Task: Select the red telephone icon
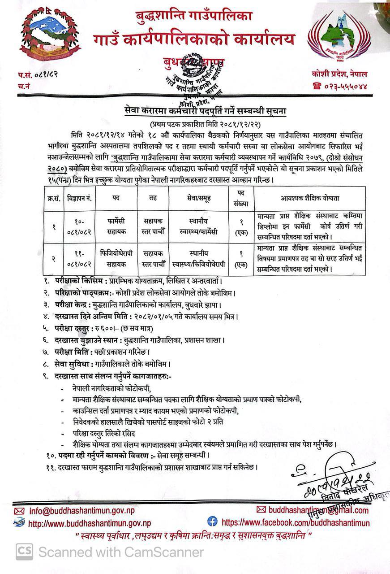pyautogui.click(x=317, y=87)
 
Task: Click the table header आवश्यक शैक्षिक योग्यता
pyautogui.click(x=309, y=198)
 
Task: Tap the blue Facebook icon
pyautogui.click(x=212, y=521)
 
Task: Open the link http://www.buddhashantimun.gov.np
pyautogui.click(x=89, y=523)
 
